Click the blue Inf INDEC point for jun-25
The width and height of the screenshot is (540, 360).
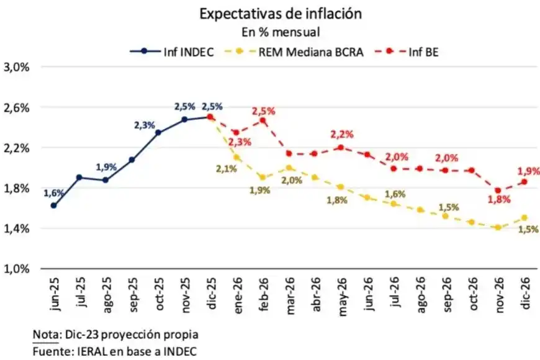(53, 205)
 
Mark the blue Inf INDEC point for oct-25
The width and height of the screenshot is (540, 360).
(158, 132)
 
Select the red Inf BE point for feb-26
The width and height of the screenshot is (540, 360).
(263, 120)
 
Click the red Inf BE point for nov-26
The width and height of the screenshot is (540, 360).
(498, 191)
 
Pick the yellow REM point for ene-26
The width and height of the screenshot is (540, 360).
(236, 158)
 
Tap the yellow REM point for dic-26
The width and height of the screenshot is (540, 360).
(524, 218)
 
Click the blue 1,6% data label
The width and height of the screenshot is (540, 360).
(53, 193)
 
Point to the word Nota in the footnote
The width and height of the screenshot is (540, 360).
(45, 335)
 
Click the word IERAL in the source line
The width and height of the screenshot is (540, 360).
(86, 351)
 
